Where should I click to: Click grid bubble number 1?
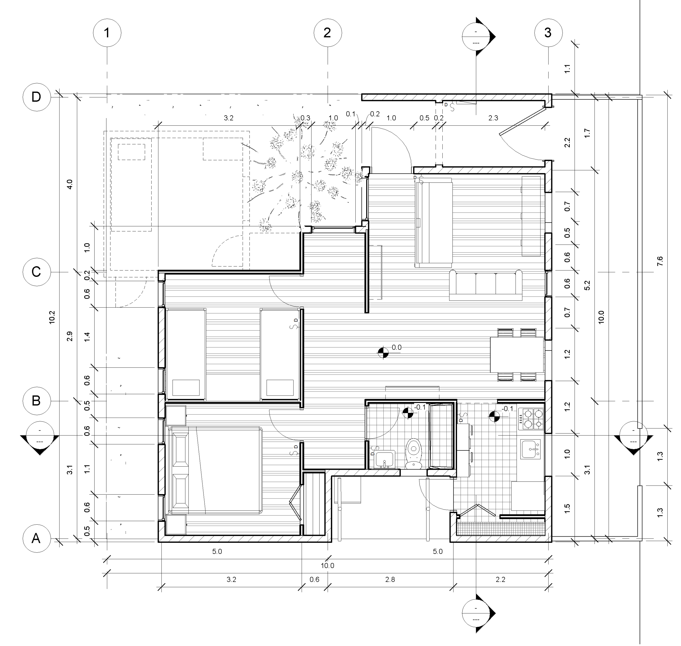pyautogui.click(x=107, y=33)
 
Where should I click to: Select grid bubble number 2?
pyautogui.click(x=327, y=33)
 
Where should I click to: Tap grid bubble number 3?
pyautogui.click(x=548, y=33)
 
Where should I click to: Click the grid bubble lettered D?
pyautogui.click(x=36, y=97)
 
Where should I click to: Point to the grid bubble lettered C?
pyautogui.click(x=36, y=272)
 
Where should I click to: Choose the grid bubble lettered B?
pyautogui.click(x=36, y=401)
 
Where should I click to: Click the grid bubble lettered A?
pyautogui.click(x=36, y=538)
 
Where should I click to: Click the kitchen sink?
pyautogui.click(x=531, y=449)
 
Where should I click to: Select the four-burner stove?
pyautogui.click(x=531, y=419)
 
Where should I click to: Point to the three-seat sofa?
pyautogui.click(x=485, y=285)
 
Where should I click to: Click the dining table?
pyautogui.click(x=517, y=355)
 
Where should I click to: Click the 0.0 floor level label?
pyautogui.click(x=396, y=347)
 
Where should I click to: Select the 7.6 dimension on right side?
pyautogui.click(x=660, y=261)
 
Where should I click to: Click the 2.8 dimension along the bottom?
pyautogui.click(x=390, y=579)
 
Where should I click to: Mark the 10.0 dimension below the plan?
pyautogui.click(x=327, y=565)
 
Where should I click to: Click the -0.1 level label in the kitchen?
pyautogui.click(x=508, y=409)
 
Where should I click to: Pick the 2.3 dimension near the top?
pyautogui.click(x=493, y=118)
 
